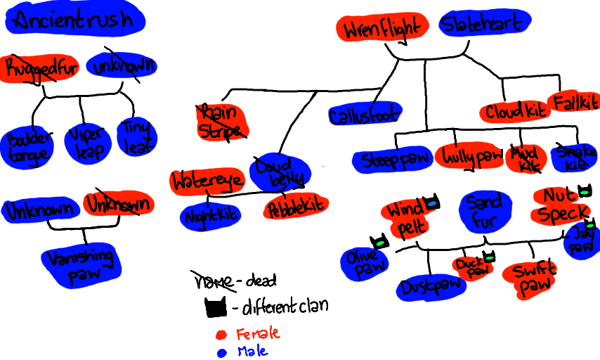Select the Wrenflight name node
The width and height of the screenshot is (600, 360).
383,28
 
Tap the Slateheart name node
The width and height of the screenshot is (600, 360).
484,25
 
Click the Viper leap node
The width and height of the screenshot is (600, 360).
86,143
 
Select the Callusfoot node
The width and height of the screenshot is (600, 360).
364,115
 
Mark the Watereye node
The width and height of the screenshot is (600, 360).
207,181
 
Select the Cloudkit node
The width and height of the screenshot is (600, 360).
514,111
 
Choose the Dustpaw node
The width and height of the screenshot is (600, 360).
431,287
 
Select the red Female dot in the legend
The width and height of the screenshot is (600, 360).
221,333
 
